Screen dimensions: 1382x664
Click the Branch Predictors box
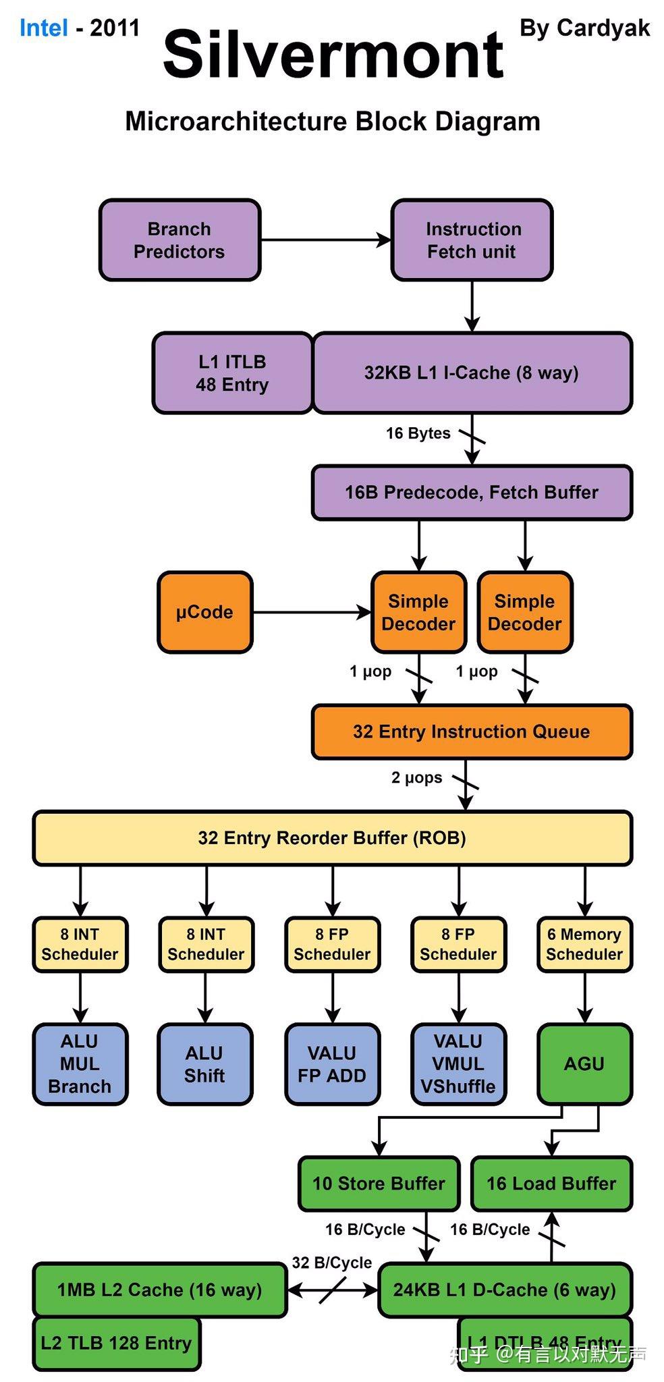coord(179,240)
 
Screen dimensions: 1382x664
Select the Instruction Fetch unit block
coord(472,240)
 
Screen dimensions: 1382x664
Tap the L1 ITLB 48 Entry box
coord(232,373)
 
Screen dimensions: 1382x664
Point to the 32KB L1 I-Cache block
coord(472,373)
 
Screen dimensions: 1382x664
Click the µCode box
coord(204,613)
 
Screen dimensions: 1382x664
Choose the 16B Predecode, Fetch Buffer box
coord(472,493)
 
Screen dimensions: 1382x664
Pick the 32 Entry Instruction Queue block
coord(472,732)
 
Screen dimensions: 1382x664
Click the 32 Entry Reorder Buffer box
coord(332,838)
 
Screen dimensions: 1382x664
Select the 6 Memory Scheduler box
coord(584,945)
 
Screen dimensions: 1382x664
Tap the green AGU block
coord(584,1064)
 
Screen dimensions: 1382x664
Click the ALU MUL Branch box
coord(80,1064)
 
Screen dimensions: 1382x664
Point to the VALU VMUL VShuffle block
coord(458,1064)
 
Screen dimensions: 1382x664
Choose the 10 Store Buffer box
coord(379,1184)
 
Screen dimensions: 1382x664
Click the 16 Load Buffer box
coord(551,1184)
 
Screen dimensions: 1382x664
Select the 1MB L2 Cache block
coord(159,1290)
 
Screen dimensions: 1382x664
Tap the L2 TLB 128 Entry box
coord(116,1343)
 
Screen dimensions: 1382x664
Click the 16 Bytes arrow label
coord(418,433)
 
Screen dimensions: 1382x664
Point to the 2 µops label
coord(416,778)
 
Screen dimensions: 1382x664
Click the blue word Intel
coord(43,28)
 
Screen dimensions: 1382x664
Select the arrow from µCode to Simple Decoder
coord(311,613)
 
